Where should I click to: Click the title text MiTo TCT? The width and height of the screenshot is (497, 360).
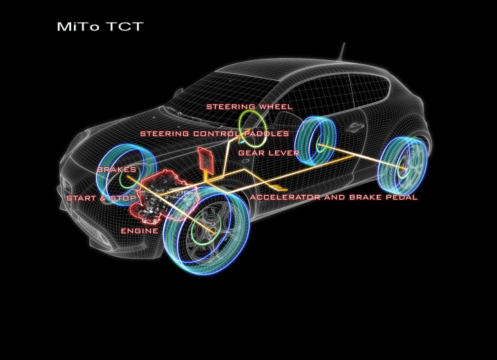(100, 28)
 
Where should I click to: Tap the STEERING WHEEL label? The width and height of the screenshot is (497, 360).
(249, 107)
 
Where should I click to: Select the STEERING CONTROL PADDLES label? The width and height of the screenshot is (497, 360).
(214, 133)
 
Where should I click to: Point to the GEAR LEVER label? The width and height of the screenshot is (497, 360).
(268, 152)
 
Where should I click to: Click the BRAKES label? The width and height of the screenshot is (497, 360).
(116, 169)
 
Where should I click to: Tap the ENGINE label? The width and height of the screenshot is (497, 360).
(139, 230)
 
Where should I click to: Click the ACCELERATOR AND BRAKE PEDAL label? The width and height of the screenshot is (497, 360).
(334, 198)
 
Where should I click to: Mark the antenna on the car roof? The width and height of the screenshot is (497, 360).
(340, 52)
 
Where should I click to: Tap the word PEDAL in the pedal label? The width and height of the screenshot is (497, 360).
(400, 198)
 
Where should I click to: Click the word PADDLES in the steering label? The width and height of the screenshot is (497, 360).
(267, 133)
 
